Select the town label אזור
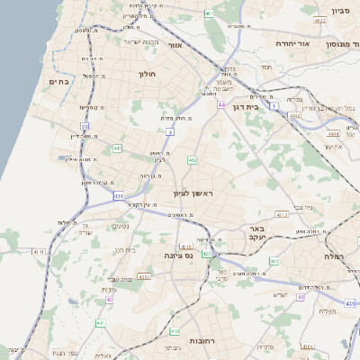point(175,44)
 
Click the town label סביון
point(340,11)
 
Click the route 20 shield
point(85,127)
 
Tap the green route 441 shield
point(118,148)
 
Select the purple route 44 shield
point(220,105)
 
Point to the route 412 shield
point(192,160)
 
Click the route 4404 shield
point(334,133)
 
